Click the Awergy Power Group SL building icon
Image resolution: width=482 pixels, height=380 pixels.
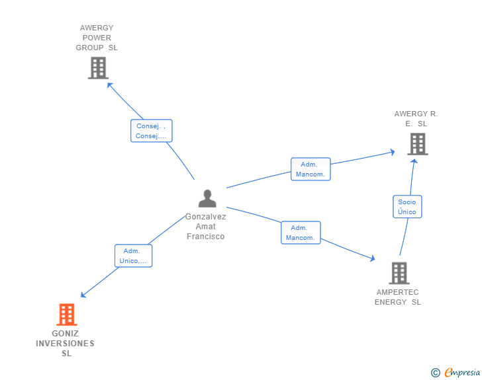(98, 67)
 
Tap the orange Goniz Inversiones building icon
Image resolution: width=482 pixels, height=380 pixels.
(66, 315)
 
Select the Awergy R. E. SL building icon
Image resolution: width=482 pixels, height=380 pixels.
(417, 143)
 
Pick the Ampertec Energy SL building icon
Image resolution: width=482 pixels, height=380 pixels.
(399, 272)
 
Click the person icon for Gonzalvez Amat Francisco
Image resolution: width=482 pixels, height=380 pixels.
(207, 198)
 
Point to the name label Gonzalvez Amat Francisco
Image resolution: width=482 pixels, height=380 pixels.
(205, 227)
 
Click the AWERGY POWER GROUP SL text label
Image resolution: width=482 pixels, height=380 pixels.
(97, 38)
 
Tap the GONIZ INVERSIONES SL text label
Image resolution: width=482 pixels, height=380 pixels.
(66, 343)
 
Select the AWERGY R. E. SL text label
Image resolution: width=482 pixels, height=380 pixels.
(416, 118)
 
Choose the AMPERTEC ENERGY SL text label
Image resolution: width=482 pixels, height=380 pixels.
(398, 297)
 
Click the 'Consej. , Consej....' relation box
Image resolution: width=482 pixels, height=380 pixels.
(151, 131)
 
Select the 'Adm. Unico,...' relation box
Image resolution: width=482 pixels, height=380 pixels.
(133, 256)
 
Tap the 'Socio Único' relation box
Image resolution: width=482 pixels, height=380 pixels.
(407, 207)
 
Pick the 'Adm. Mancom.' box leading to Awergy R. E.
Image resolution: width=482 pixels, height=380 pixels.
(311, 169)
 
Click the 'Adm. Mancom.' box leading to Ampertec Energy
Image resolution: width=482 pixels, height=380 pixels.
(301, 233)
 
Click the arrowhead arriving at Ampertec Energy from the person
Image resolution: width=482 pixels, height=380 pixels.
(372, 258)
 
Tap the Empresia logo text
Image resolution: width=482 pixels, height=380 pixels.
(462, 373)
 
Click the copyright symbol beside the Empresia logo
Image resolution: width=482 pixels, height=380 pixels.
(435, 373)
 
